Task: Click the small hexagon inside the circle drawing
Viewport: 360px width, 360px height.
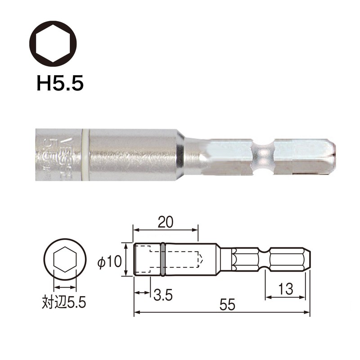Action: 64,261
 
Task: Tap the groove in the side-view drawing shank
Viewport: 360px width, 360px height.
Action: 263,260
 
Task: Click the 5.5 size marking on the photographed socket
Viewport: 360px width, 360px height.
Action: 47,151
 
